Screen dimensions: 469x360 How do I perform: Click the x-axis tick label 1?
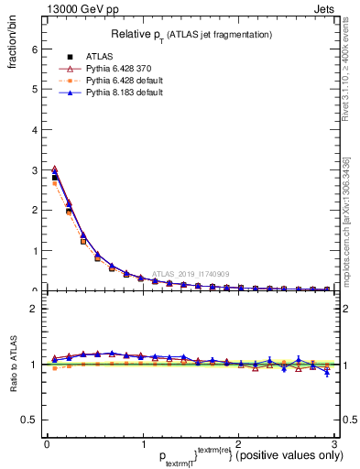pos(142,444)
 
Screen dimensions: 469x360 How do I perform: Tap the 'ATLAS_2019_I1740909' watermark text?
pos(192,273)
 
